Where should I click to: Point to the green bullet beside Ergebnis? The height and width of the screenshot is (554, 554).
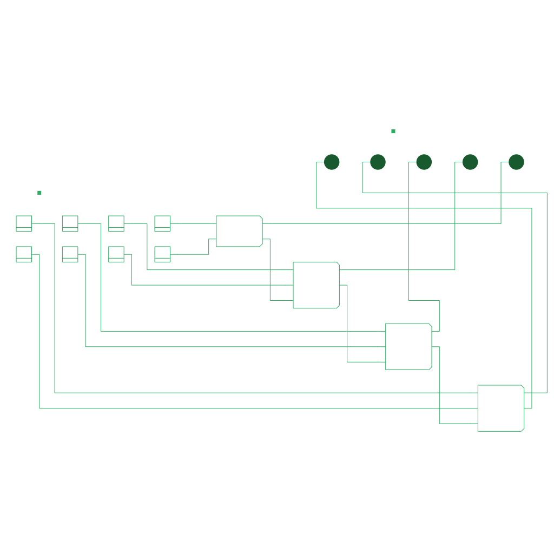(x=393, y=131)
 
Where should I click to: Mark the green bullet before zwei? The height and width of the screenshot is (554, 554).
(x=39, y=193)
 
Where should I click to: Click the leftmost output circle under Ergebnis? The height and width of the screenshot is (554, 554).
(x=332, y=162)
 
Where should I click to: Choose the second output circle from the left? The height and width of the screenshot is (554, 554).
(x=378, y=162)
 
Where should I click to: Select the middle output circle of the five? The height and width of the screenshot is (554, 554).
(x=424, y=162)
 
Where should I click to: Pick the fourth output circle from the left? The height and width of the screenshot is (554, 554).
(x=470, y=162)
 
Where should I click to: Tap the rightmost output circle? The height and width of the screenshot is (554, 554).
(x=516, y=162)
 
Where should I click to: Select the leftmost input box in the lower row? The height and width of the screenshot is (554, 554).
(x=24, y=254)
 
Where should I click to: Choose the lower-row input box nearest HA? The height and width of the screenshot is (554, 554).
(x=162, y=254)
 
